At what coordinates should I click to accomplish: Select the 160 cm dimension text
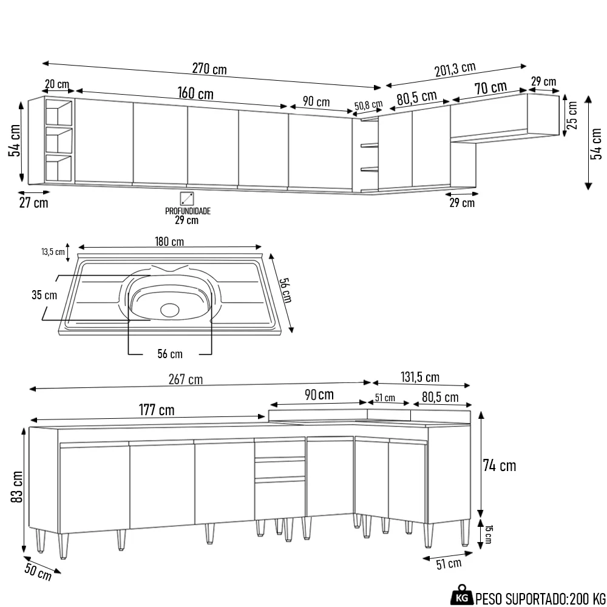click(x=195, y=94)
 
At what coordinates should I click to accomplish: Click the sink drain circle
click(x=170, y=310)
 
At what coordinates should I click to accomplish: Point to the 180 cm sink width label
click(x=169, y=242)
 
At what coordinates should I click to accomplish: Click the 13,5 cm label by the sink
click(x=53, y=251)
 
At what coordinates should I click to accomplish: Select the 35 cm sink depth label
click(x=44, y=296)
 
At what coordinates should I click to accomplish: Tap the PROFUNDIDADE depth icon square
click(x=187, y=198)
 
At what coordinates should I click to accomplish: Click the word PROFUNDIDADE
click(x=188, y=211)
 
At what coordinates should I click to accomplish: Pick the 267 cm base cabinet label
click(x=187, y=380)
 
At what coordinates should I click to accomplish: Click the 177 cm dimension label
click(x=156, y=410)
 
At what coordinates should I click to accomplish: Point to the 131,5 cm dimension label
click(x=420, y=377)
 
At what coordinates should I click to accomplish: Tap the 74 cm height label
click(x=499, y=466)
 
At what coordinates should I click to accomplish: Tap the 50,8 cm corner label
click(x=368, y=106)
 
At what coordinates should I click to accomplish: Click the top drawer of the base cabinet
click(x=280, y=449)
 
